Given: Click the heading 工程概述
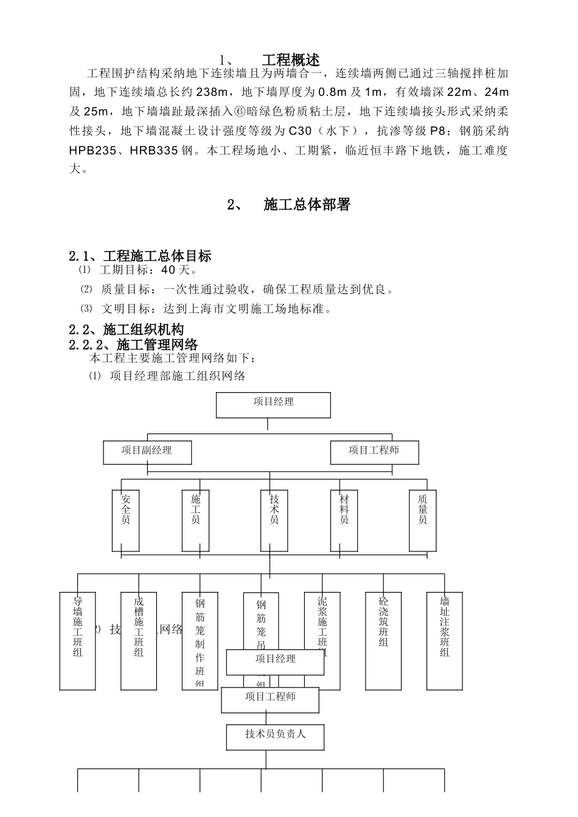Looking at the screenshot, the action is (x=290, y=60).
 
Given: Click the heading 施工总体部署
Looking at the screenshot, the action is (x=307, y=205).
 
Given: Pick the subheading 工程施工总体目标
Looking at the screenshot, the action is (x=157, y=256).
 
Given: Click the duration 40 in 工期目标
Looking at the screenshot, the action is (x=168, y=271).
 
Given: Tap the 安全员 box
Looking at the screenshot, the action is (x=125, y=520).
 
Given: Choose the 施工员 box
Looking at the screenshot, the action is (x=195, y=520).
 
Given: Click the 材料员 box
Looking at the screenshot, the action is (x=344, y=520).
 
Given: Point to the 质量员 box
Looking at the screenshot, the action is (x=423, y=520).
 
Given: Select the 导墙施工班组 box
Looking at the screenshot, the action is (x=77, y=639).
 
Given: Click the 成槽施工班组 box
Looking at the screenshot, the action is (x=139, y=639).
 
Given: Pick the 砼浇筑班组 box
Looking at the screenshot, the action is (x=383, y=639).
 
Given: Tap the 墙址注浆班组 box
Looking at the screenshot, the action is (x=445, y=639).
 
